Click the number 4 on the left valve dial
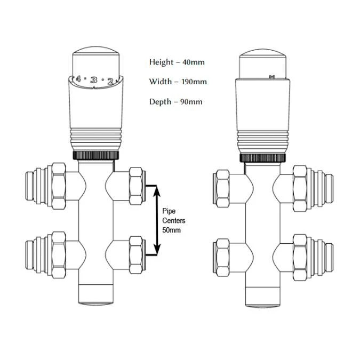pyautogui.click(x=78, y=79)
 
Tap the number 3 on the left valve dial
pyautogui.click(x=94, y=80)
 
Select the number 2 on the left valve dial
pyautogui.click(x=110, y=81)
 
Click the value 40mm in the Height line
pyautogui.click(x=193, y=62)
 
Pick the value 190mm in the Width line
pyautogui.click(x=194, y=82)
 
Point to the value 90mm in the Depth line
pyautogui.click(x=191, y=101)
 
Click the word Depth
pyautogui.click(x=160, y=102)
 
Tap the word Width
pyautogui.click(x=160, y=82)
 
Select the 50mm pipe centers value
pyautogui.click(x=172, y=230)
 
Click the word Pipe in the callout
pyautogui.click(x=169, y=211)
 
